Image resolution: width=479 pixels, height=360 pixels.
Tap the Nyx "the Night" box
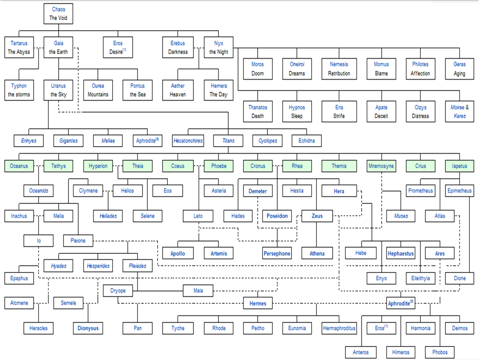[x=219, y=48]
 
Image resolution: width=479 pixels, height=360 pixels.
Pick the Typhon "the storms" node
[x=19, y=90]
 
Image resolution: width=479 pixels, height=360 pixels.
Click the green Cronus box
[x=258, y=166]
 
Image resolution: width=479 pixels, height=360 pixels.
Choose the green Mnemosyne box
[x=381, y=166]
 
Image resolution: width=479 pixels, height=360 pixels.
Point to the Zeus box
[x=316, y=216]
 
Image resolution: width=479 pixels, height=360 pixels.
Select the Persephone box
[x=277, y=253]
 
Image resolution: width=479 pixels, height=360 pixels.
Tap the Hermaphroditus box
[x=339, y=328]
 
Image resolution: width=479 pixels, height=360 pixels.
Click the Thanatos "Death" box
[x=258, y=111]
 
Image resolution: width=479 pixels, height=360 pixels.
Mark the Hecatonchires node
[x=188, y=140]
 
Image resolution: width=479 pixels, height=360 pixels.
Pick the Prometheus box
[x=420, y=191]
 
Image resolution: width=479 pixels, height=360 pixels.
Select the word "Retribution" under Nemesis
[x=339, y=73]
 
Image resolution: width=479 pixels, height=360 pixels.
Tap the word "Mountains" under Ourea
[x=98, y=94]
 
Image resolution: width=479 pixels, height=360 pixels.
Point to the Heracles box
[x=39, y=328]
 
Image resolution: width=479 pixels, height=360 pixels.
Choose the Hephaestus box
[x=400, y=253]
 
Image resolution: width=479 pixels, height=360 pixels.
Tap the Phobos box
[x=440, y=352]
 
